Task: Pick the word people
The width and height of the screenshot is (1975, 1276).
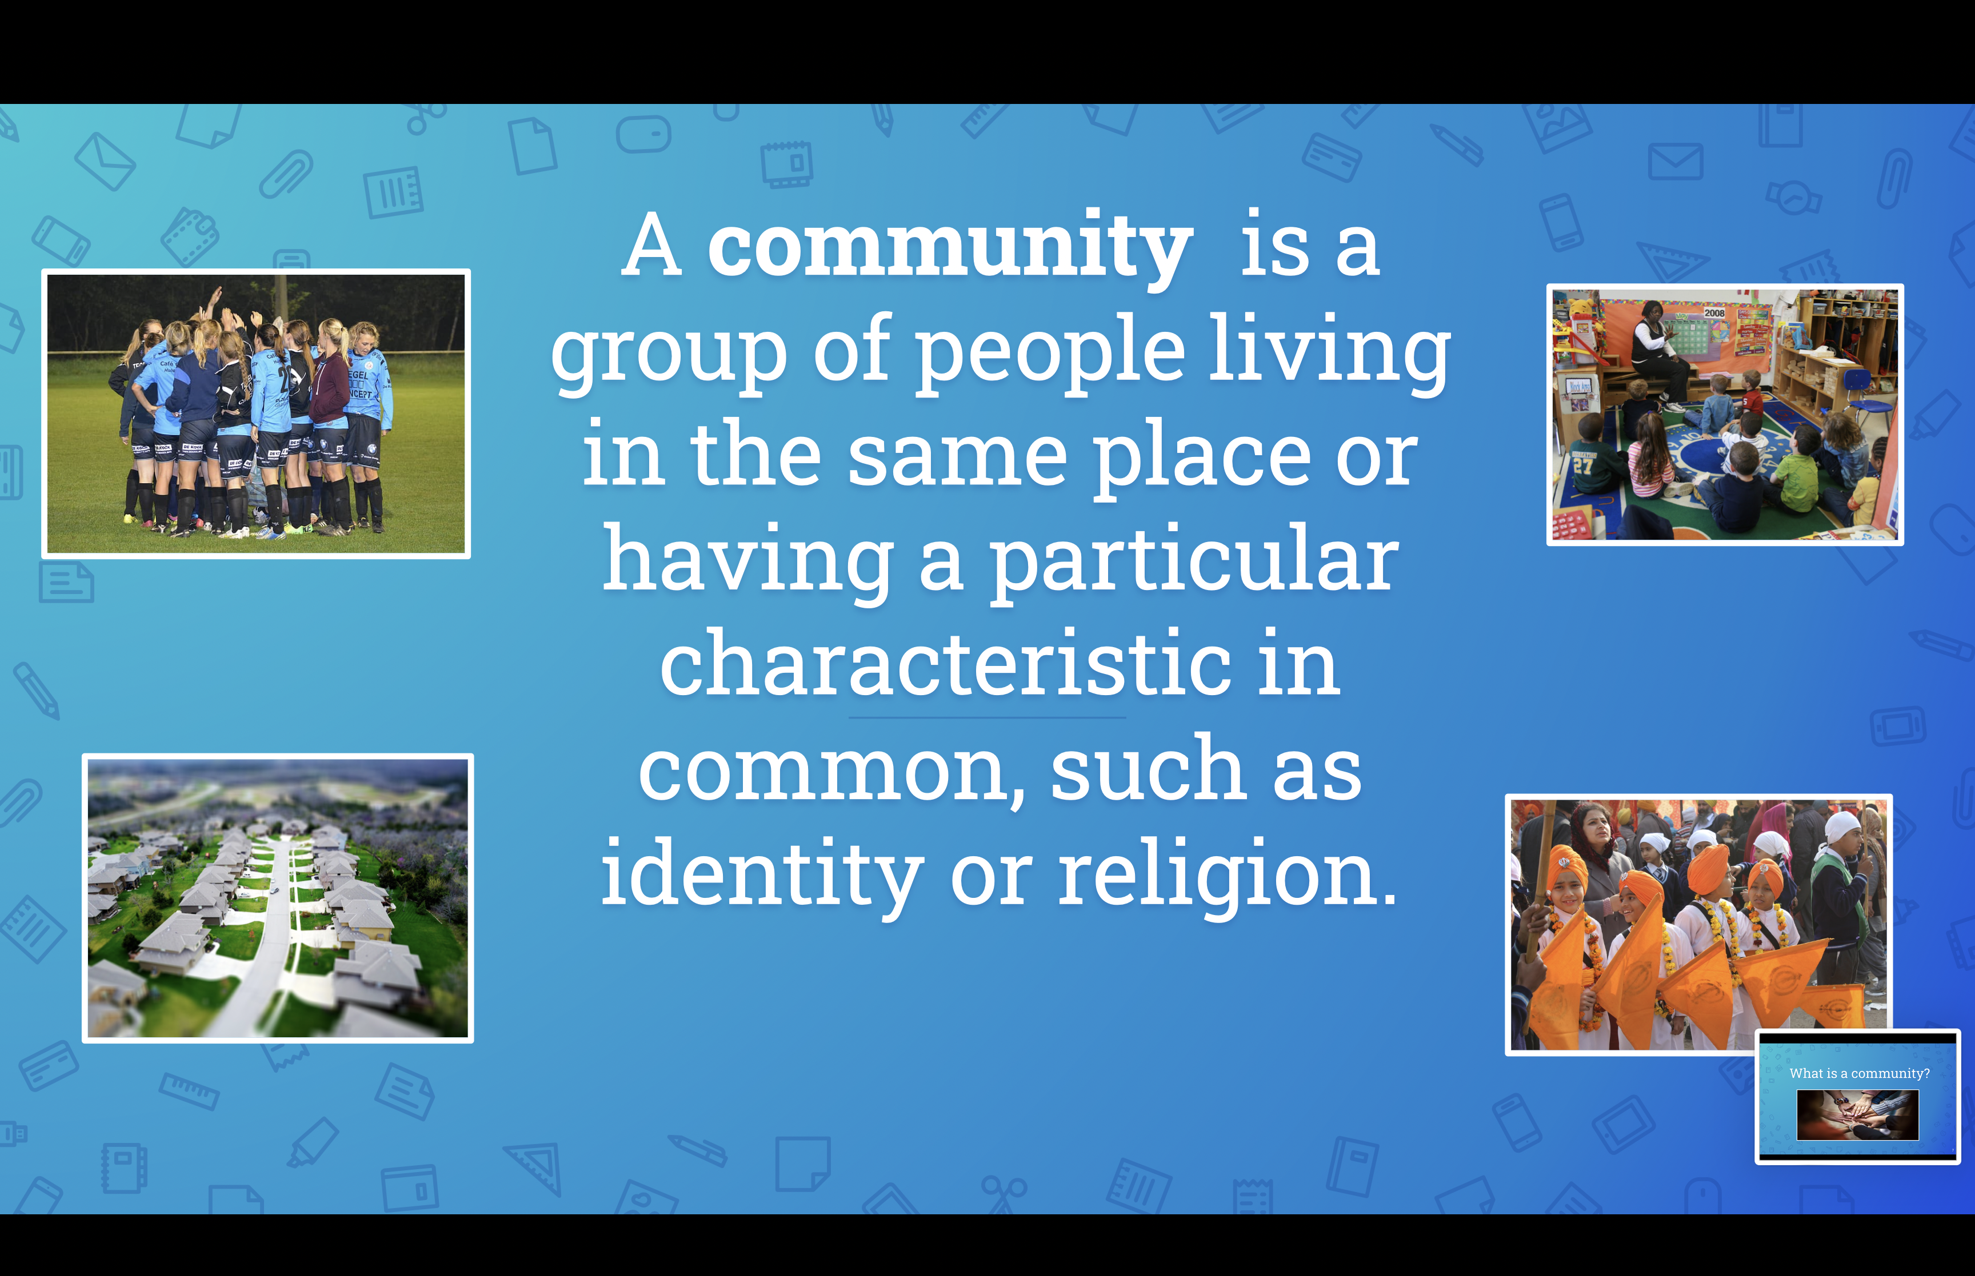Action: click(x=1049, y=355)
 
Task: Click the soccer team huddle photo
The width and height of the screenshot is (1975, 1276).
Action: click(x=256, y=414)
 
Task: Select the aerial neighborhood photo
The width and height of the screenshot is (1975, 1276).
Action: click(x=278, y=898)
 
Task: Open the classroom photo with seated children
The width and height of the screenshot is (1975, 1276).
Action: click(x=1725, y=414)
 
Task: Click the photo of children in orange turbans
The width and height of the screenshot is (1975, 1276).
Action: click(x=1698, y=924)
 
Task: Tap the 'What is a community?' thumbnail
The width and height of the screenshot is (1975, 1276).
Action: click(x=1857, y=1096)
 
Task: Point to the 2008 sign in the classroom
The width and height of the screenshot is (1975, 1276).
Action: click(x=1714, y=313)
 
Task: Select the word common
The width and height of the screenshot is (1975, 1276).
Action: click(x=832, y=771)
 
